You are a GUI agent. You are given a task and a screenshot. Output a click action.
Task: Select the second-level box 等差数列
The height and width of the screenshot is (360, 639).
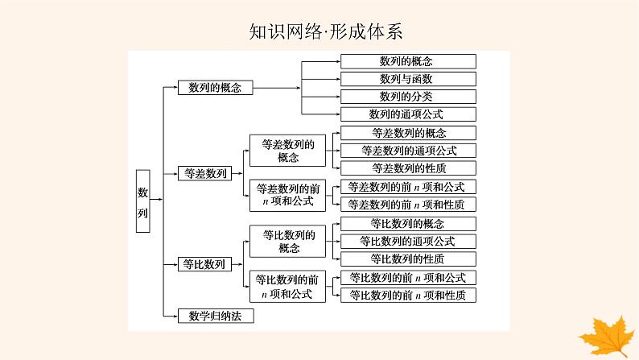coord(204,172)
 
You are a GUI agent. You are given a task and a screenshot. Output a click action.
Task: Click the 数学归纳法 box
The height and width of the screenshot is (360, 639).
coord(215,316)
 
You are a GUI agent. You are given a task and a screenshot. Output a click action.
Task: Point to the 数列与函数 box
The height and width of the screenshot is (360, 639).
coord(407,79)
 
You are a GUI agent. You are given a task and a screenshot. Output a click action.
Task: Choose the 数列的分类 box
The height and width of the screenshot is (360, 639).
coord(407,97)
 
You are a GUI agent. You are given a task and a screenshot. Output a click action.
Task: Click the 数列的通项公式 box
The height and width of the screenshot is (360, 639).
coord(407,114)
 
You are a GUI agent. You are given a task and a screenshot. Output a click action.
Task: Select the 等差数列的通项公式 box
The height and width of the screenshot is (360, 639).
coord(407,151)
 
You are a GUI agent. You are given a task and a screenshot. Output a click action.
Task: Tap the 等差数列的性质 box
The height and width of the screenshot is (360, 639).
coord(407,168)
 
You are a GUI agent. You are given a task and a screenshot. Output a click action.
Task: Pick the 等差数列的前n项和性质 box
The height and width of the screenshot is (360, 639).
coord(407,205)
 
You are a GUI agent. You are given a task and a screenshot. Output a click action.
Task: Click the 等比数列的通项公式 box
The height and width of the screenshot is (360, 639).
coord(407,241)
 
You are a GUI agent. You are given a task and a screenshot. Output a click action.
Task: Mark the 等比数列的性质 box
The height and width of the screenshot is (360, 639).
coord(407,259)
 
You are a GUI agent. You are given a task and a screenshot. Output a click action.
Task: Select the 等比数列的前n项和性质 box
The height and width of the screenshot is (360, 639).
coord(407,296)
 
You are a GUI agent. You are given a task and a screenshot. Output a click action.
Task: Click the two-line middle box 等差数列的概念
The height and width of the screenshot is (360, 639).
coord(287,151)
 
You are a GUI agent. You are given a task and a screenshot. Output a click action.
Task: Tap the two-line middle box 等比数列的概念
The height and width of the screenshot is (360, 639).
coord(287,242)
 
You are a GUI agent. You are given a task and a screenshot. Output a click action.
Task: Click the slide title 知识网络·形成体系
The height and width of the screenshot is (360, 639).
coord(319,31)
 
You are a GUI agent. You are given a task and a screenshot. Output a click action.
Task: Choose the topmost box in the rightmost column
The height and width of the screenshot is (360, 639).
coord(407,61)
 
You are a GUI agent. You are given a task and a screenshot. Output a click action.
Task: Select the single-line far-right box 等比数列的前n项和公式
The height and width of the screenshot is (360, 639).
coord(407,277)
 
